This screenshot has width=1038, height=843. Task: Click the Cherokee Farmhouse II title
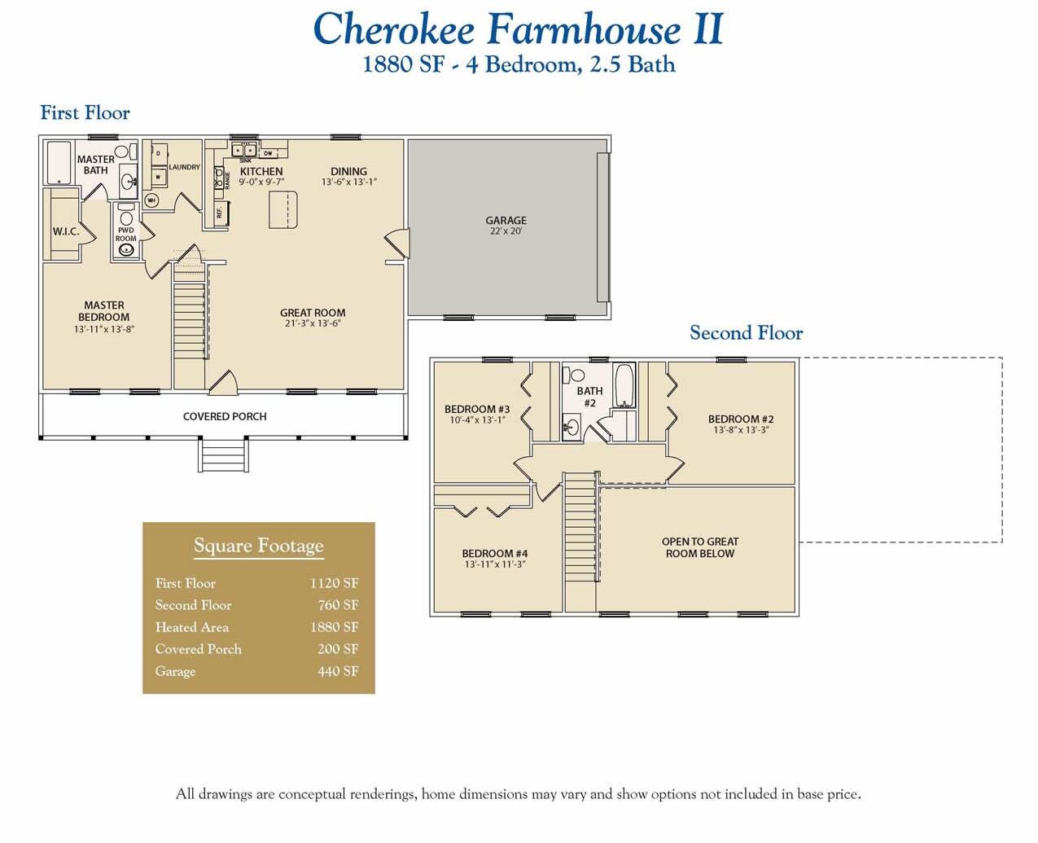coord(518,29)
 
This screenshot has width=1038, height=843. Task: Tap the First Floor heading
coord(85,113)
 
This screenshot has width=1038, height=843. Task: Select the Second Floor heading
coord(746,333)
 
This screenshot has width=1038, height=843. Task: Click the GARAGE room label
coord(506,221)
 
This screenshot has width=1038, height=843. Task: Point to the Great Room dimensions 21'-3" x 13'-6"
coord(313,323)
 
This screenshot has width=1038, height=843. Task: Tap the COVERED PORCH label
coord(225,416)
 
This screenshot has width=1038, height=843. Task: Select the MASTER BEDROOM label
coord(104,311)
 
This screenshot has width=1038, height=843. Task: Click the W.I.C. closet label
coord(66,231)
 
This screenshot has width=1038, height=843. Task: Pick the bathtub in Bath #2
coord(624,385)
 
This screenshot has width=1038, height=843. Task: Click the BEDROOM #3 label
coord(477,410)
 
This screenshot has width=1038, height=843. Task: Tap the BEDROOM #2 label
coord(741,419)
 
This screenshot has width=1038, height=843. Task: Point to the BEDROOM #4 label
coord(495,554)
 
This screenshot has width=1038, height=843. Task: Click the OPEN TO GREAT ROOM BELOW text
coord(700,547)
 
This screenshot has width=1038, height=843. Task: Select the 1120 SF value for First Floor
coord(334,583)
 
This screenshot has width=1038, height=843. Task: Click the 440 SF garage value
coord(338,671)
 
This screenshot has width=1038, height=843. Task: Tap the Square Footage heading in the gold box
coord(258,546)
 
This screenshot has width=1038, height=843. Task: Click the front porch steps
coord(224,454)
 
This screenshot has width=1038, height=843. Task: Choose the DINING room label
coord(348,172)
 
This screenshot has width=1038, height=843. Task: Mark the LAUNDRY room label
coord(184,167)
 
